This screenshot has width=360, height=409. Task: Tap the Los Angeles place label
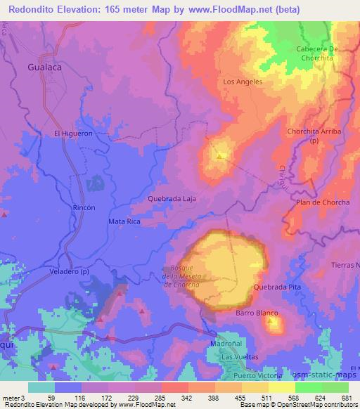243,82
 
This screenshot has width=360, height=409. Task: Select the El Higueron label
72,133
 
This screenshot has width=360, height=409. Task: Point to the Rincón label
84,208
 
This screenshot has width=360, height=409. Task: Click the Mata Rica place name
124,221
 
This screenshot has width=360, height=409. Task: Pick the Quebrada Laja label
172,199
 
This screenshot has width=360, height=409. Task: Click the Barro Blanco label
257,313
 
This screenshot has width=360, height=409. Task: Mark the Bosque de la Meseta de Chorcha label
186,275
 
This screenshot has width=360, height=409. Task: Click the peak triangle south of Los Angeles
221,156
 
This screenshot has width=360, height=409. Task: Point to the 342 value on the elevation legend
188,397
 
